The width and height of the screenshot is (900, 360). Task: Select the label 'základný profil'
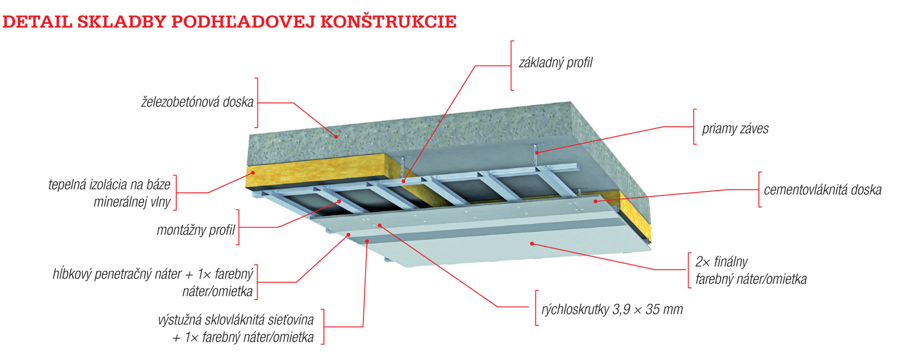pyautogui.click(x=555, y=63)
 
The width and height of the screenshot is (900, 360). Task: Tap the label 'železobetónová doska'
pyautogui.click(x=197, y=102)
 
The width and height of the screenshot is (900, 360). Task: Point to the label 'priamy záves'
pyautogui.click(x=735, y=129)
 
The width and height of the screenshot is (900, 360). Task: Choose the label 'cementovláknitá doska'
pyautogui.click(x=822, y=190)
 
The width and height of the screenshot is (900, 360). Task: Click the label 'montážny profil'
pyautogui.click(x=195, y=230)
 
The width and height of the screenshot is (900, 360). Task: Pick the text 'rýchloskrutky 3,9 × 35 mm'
pyautogui.click(x=612, y=309)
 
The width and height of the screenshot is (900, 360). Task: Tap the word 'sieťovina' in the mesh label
pyautogui.click(x=289, y=320)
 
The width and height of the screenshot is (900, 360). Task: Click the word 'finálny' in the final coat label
pyautogui.click(x=730, y=261)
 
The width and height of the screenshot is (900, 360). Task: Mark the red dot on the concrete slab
pyautogui.click(x=336, y=136)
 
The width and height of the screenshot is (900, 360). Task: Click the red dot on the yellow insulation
pyautogui.click(x=253, y=173)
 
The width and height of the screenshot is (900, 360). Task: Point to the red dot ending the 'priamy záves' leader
pyautogui.click(x=536, y=152)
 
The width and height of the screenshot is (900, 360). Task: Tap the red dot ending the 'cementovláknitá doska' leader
pyautogui.click(x=595, y=201)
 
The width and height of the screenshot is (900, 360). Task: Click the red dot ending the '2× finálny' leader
pyautogui.click(x=532, y=243)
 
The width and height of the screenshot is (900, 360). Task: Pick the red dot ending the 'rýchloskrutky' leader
pyautogui.click(x=380, y=225)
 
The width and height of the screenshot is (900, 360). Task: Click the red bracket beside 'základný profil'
pyautogui.click(x=511, y=65)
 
